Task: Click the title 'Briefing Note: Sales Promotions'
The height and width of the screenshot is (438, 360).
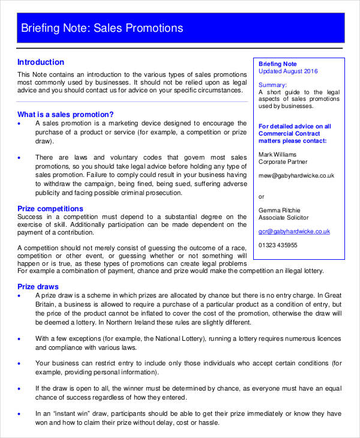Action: click(x=102, y=28)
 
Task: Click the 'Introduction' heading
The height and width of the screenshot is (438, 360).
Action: click(x=41, y=62)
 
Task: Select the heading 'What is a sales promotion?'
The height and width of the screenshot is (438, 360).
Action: click(x=65, y=114)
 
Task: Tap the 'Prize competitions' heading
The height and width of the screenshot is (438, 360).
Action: click(x=50, y=209)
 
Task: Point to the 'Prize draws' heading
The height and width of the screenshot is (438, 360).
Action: click(x=38, y=286)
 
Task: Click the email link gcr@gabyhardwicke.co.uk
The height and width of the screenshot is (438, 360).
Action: click(x=294, y=231)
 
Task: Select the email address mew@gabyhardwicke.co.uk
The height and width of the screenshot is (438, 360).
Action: click(x=296, y=176)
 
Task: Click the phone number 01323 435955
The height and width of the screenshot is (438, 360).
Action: click(x=278, y=245)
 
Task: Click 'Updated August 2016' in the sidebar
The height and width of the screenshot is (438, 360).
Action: click(x=288, y=71)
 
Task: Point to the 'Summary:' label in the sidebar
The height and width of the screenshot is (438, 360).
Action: click(x=272, y=85)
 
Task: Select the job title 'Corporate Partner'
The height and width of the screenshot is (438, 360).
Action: click(x=283, y=161)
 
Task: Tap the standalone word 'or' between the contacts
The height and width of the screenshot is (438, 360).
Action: click(x=261, y=196)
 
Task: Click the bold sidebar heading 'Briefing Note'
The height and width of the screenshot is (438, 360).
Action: click(x=278, y=64)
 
